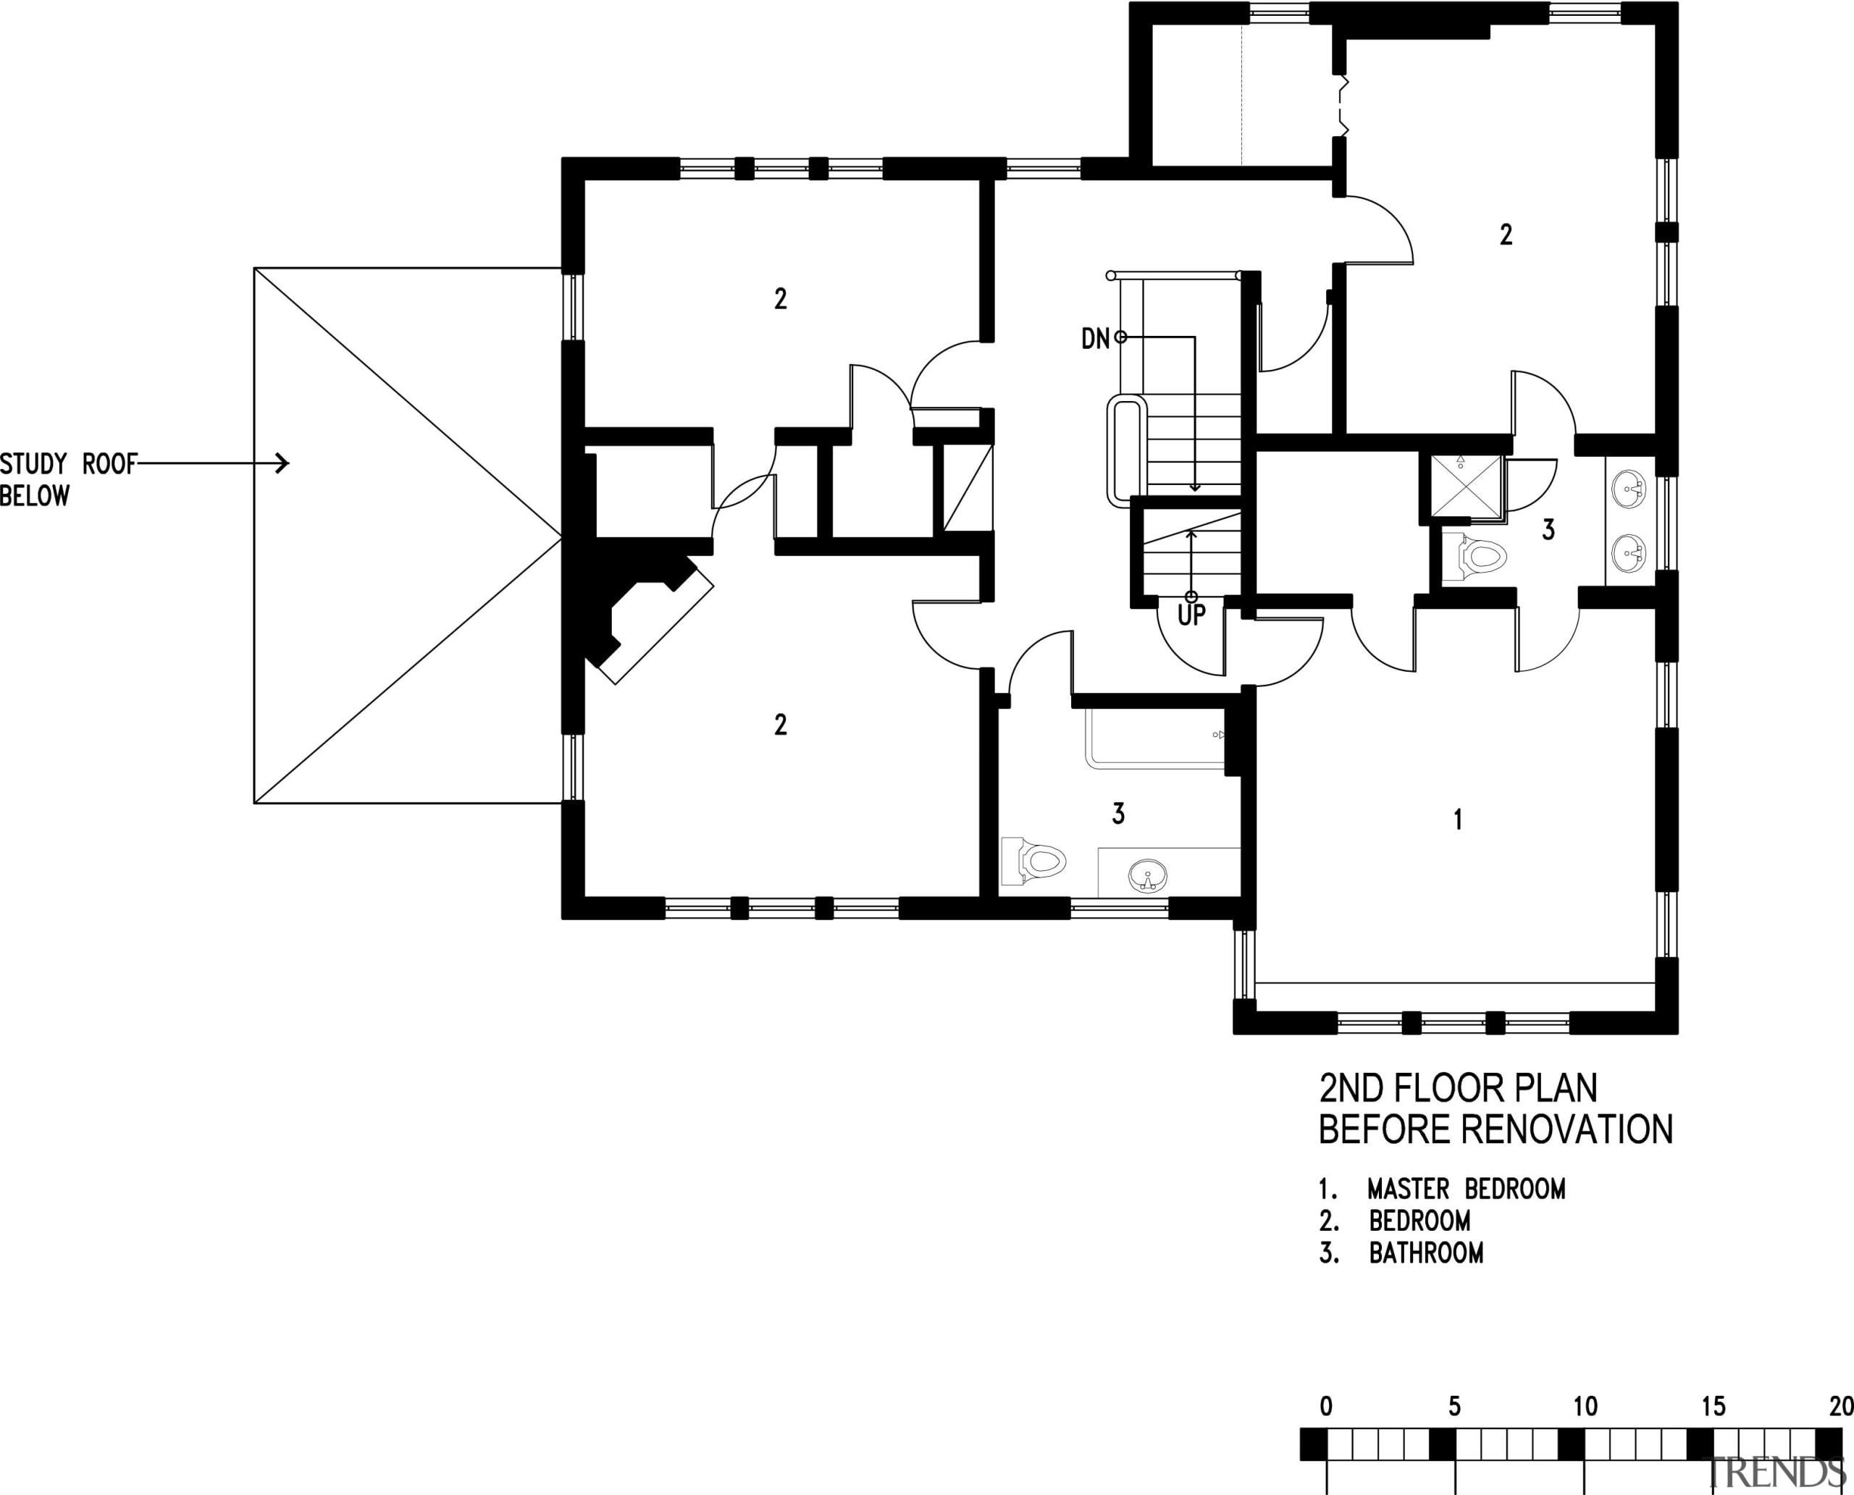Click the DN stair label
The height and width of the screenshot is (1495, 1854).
click(x=1095, y=338)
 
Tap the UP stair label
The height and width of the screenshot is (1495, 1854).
click(x=1191, y=615)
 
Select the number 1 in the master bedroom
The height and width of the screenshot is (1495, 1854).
click(x=1458, y=819)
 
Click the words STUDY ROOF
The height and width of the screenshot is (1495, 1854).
click(x=68, y=464)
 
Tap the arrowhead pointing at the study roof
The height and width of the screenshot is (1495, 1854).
click(x=282, y=463)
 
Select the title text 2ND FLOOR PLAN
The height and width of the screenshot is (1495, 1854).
click(x=1458, y=1089)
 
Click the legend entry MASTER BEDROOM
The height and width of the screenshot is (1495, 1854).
click(x=1465, y=1189)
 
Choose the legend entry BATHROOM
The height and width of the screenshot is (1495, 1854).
click(x=1426, y=1253)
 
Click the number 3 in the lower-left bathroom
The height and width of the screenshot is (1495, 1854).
click(x=1118, y=813)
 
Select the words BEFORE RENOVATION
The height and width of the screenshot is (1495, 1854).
click(x=1496, y=1129)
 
